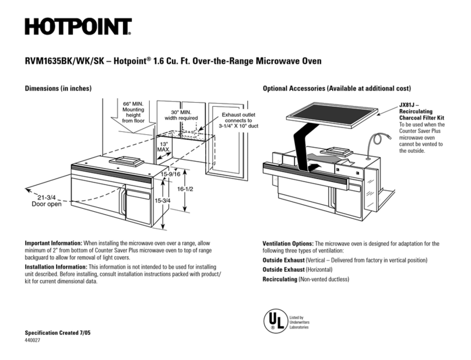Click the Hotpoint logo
(x=78, y=26)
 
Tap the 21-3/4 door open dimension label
(x=47, y=200)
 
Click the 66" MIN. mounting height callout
(x=133, y=113)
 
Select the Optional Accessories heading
(x=337, y=88)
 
